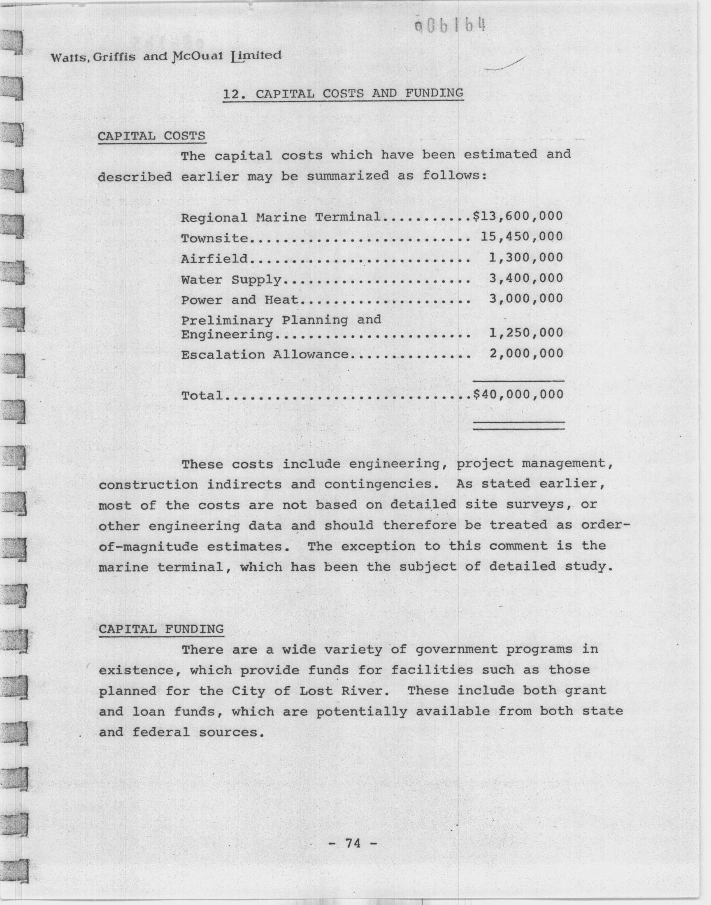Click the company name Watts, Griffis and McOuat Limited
tap(166, 56)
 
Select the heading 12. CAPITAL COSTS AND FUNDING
tap(343, 93)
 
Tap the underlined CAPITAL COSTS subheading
tap(151, 136)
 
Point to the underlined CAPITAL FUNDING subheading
tap(161, 629)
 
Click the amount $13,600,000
tap(518, 216)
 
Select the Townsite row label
tap(214, 239)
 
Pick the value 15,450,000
tap(522, 237)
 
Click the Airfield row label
tap(214, 259)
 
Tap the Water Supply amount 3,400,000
tap(526, 278)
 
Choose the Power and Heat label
tap(240, 299)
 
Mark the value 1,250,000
tap(526, 333)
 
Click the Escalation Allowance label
tap(265, 355)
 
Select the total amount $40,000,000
tap(518, 394)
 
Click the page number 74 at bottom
tap(353, 842)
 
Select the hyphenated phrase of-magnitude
tap(148, 546)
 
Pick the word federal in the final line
tap(161, 732)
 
